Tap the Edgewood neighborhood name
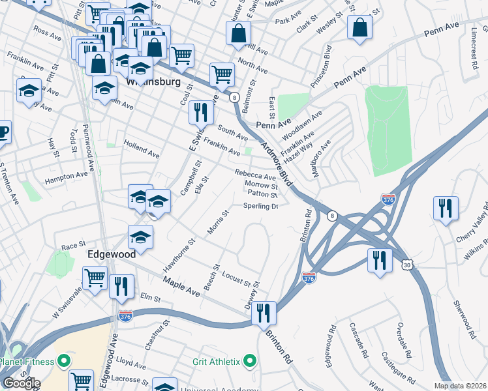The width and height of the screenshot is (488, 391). (112, 254)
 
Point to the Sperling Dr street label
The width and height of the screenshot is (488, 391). (261, 206)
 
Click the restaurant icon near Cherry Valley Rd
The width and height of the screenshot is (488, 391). (446, 209)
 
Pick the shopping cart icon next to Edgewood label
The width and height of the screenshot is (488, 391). (95, 278)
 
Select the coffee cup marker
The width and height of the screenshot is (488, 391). (3, 132)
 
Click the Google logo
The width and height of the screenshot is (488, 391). (21, 383)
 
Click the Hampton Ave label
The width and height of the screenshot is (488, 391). (66, 175)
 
